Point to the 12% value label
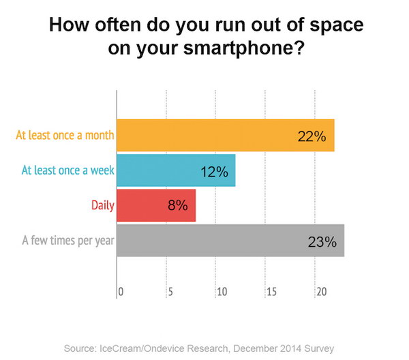point(214,171)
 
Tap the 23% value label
point(322,241)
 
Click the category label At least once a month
point(64,135)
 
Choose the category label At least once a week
point(68,170)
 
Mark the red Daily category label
point(102,205)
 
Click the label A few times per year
point(68,241)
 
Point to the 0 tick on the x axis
point(121,291)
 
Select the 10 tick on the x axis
point(221,291)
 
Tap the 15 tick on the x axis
point(271,291)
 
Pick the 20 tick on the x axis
point(320,291)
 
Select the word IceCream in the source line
point(121,348)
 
